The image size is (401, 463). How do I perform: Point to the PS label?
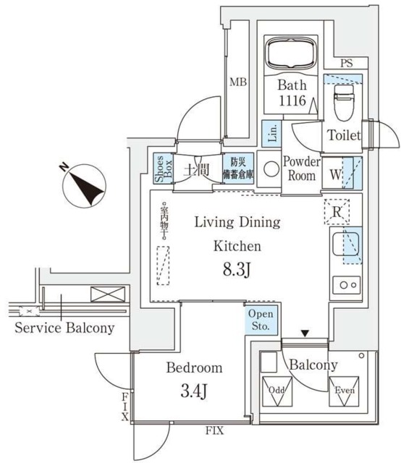pos(347,64)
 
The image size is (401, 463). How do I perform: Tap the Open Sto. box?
pos(260,320)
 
